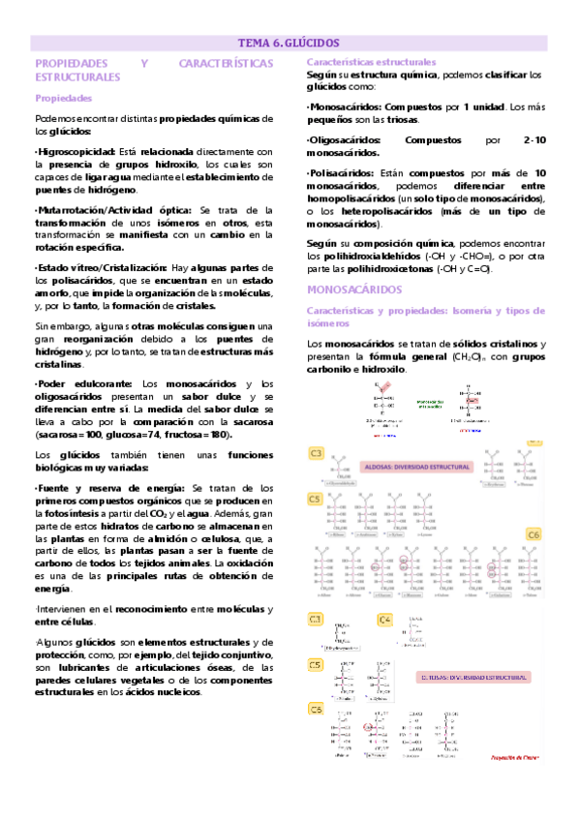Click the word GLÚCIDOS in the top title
click(x=312, y=43)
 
